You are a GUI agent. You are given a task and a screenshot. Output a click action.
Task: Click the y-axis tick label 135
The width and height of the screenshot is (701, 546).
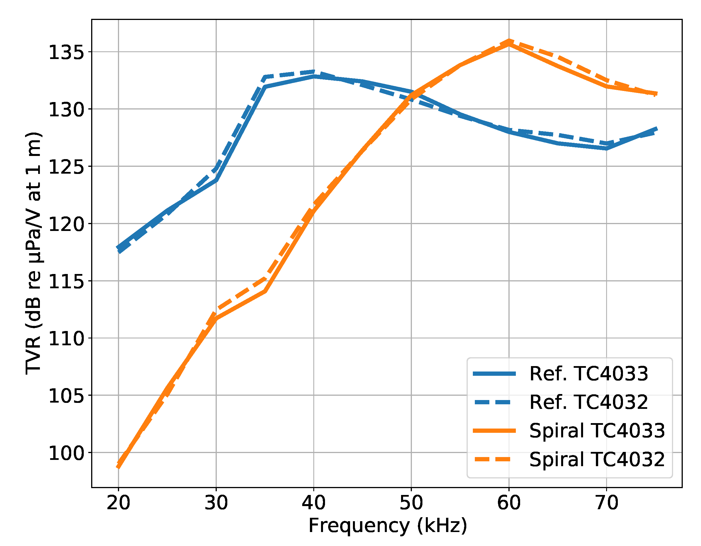66,52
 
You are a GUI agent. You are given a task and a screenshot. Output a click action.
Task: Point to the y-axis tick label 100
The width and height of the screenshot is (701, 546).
66,453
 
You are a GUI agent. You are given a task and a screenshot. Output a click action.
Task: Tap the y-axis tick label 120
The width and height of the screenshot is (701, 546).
66,224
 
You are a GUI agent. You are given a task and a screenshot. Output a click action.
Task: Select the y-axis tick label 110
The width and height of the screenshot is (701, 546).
66,339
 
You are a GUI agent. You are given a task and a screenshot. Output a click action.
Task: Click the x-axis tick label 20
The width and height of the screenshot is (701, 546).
118,503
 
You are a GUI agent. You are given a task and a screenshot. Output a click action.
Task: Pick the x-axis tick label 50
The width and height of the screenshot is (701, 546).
411,503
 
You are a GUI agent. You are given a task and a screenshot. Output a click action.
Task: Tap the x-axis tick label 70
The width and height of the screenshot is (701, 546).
606,503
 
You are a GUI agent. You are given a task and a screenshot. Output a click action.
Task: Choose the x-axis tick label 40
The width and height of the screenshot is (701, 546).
314,503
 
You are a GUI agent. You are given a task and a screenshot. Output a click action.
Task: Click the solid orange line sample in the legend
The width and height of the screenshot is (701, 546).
494,431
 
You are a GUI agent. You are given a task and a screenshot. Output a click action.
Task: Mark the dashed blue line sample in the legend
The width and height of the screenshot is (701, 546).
494,402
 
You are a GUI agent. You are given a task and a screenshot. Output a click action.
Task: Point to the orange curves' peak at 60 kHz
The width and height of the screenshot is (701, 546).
509,42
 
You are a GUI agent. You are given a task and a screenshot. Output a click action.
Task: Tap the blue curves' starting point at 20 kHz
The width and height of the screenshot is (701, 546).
119,249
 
